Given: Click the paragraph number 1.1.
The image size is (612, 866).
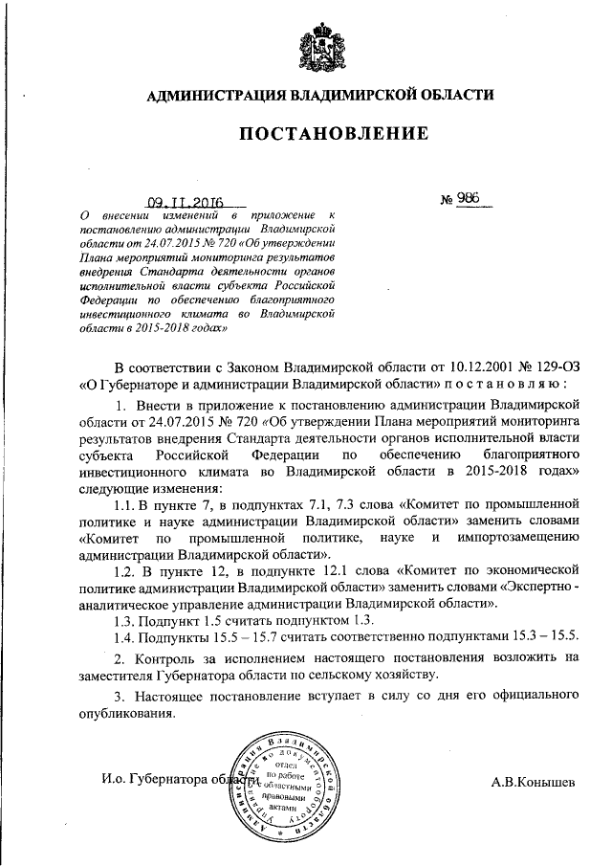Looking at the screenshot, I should [127, 502].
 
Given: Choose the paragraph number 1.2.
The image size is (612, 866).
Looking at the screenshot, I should [127, 571].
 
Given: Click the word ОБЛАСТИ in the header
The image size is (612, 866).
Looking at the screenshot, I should [453, 94].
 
